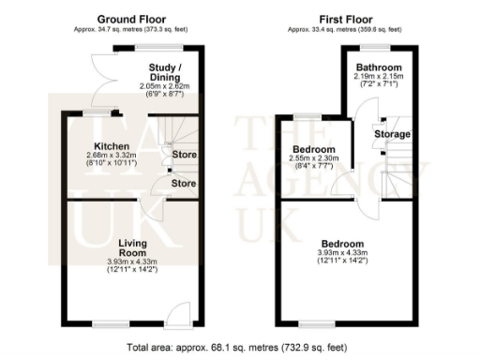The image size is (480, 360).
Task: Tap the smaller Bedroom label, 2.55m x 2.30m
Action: click(314, 150)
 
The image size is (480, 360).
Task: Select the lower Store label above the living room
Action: click(183, 183)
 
